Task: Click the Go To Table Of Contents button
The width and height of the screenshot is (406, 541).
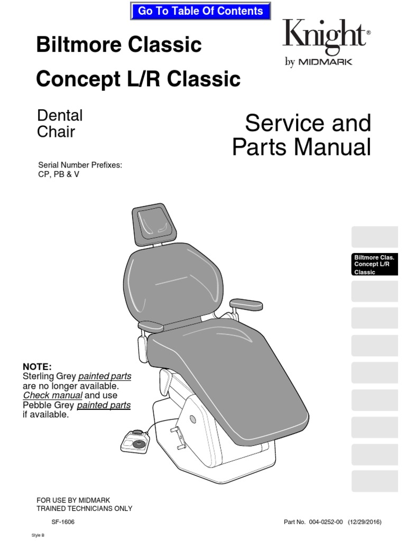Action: (x=200, y=11)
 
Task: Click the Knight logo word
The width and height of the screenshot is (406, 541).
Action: (x=323, y=35)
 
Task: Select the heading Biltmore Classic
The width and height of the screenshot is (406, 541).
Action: (x=119, y=45)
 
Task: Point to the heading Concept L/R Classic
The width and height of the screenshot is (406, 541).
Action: (x=138, y=79)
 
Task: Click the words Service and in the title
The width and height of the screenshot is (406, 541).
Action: (x=308, y=123)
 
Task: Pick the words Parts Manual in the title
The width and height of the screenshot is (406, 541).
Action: (x=301, y=147)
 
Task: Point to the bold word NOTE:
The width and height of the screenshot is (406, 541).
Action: (x=37, y=367)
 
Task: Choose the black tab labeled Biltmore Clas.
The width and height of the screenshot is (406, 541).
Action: (x=374, y=264)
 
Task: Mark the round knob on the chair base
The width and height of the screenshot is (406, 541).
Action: (x=193, y=418)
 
